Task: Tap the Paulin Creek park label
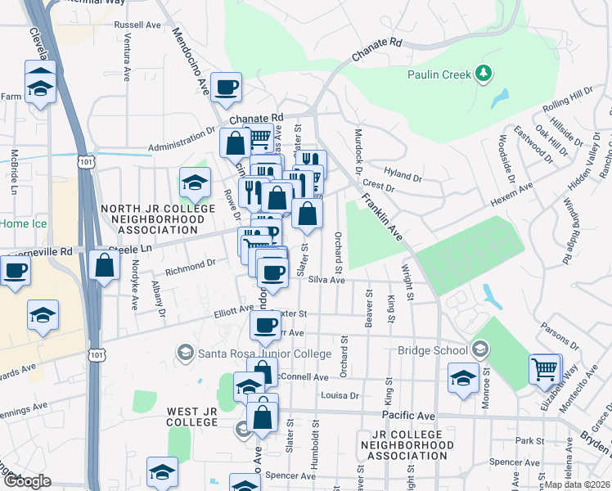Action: (439, 75)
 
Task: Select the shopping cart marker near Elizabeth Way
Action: (544, 369)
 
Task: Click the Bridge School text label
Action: (430, 351)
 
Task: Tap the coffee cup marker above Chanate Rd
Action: (227, 87)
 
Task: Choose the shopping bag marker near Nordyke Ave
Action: (104, 266)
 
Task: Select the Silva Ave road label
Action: (327, 280)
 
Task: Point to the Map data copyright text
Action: (577, 484)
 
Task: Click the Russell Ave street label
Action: (138, 25)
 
